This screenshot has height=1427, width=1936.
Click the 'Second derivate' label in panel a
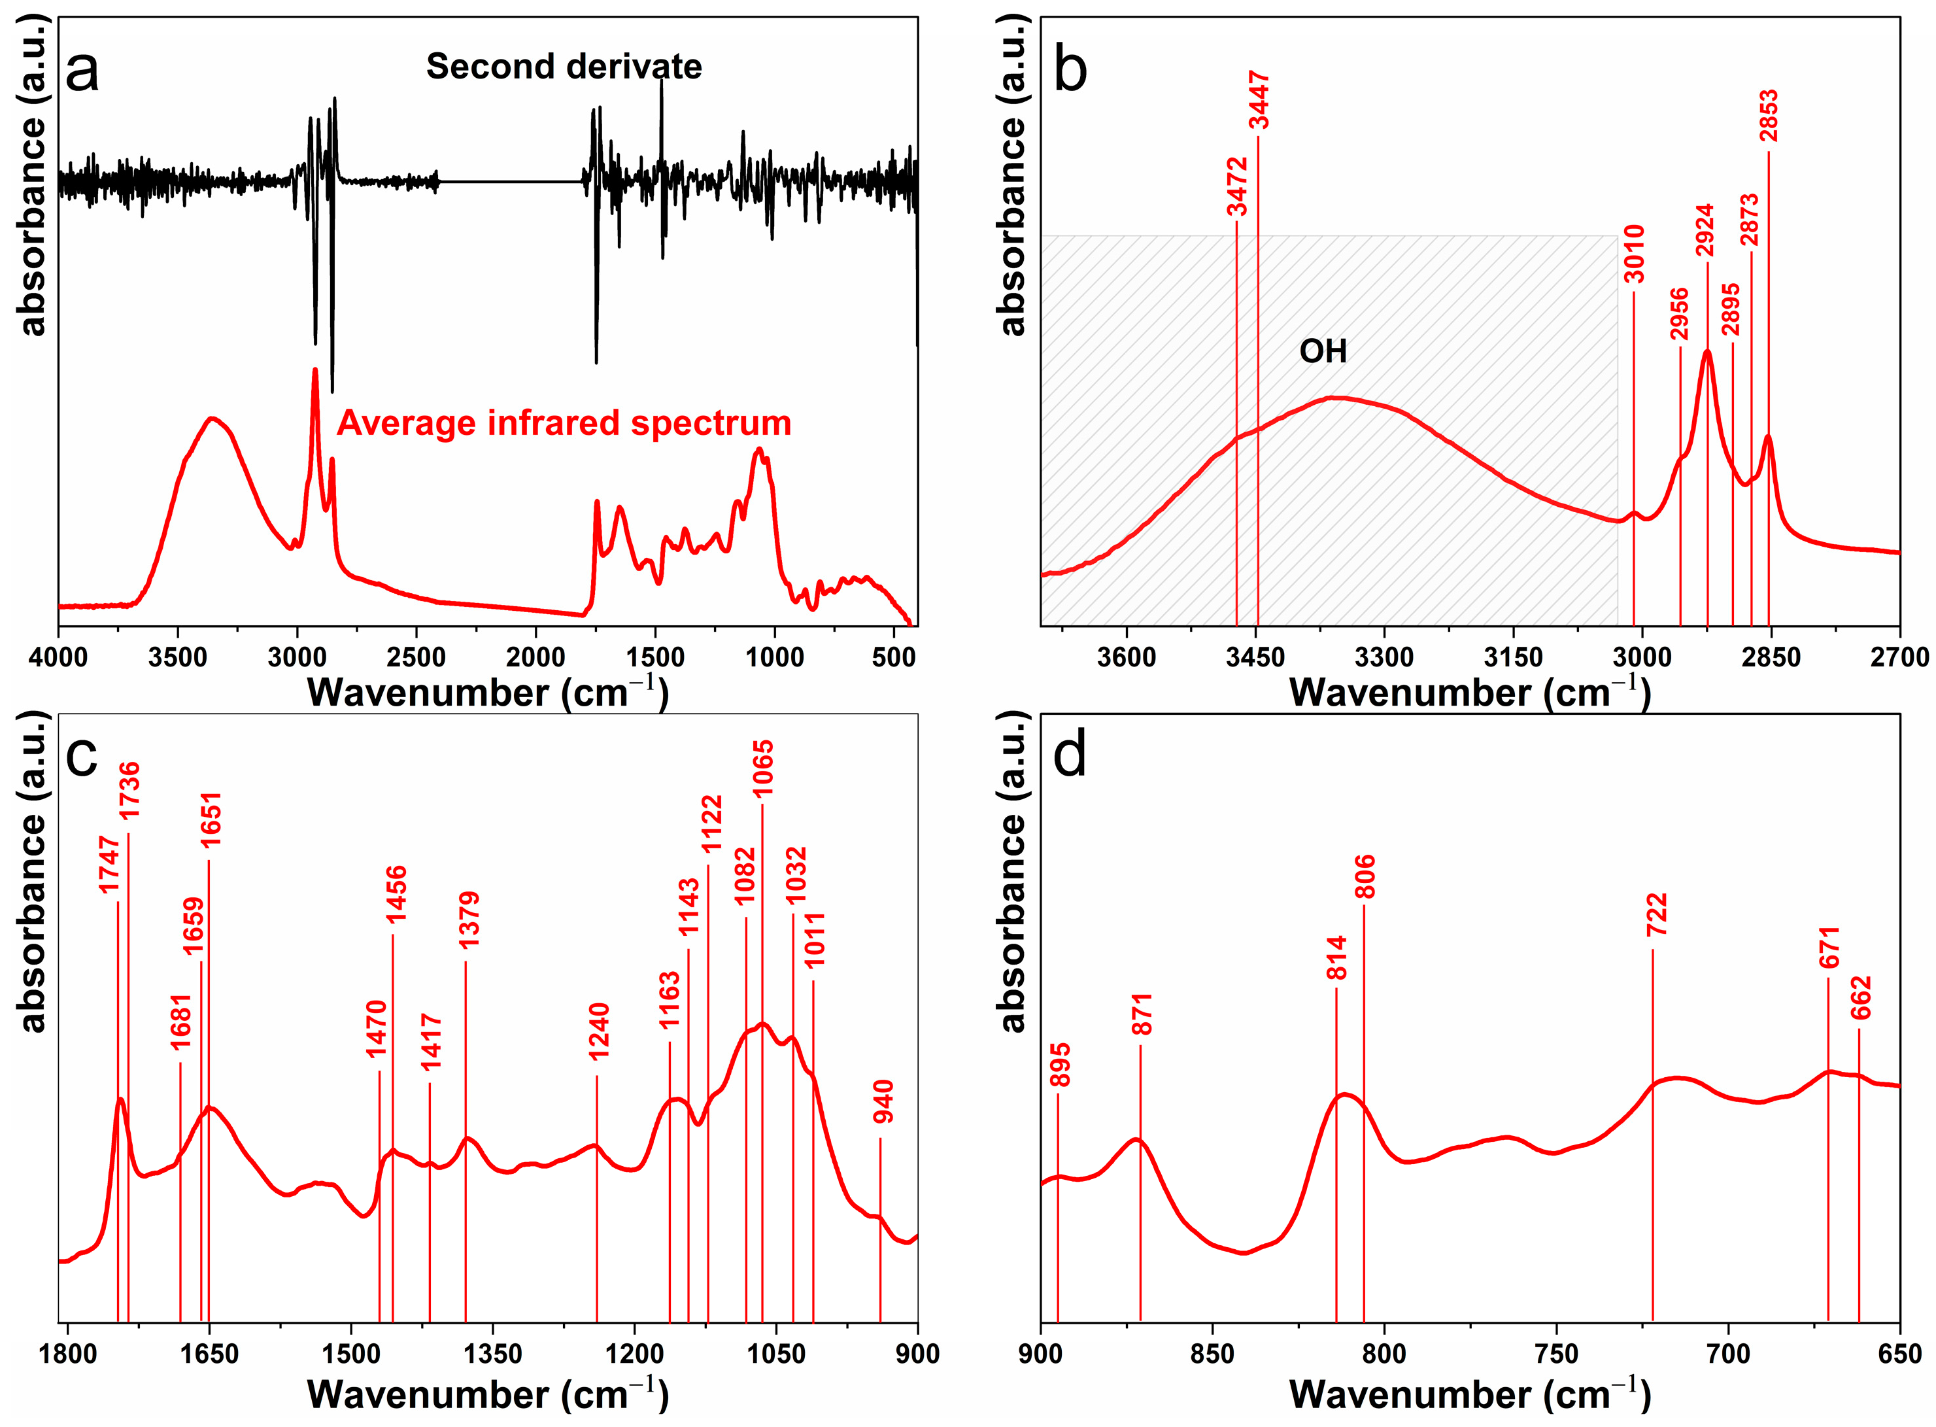563,67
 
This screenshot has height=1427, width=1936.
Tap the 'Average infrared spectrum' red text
563,423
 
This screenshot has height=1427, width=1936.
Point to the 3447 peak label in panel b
1259,101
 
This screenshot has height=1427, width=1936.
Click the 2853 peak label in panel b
1769,116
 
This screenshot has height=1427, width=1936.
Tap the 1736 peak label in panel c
129,791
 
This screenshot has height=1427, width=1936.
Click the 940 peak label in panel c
883,1101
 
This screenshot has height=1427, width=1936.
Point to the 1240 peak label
598,1031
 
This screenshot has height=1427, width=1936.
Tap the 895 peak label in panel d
1059,1065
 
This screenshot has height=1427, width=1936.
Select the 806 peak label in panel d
1365,877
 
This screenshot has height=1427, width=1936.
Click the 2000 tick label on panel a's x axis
535,658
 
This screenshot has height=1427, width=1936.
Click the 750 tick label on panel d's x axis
1556,1354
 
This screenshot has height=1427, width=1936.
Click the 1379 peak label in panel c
469,921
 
